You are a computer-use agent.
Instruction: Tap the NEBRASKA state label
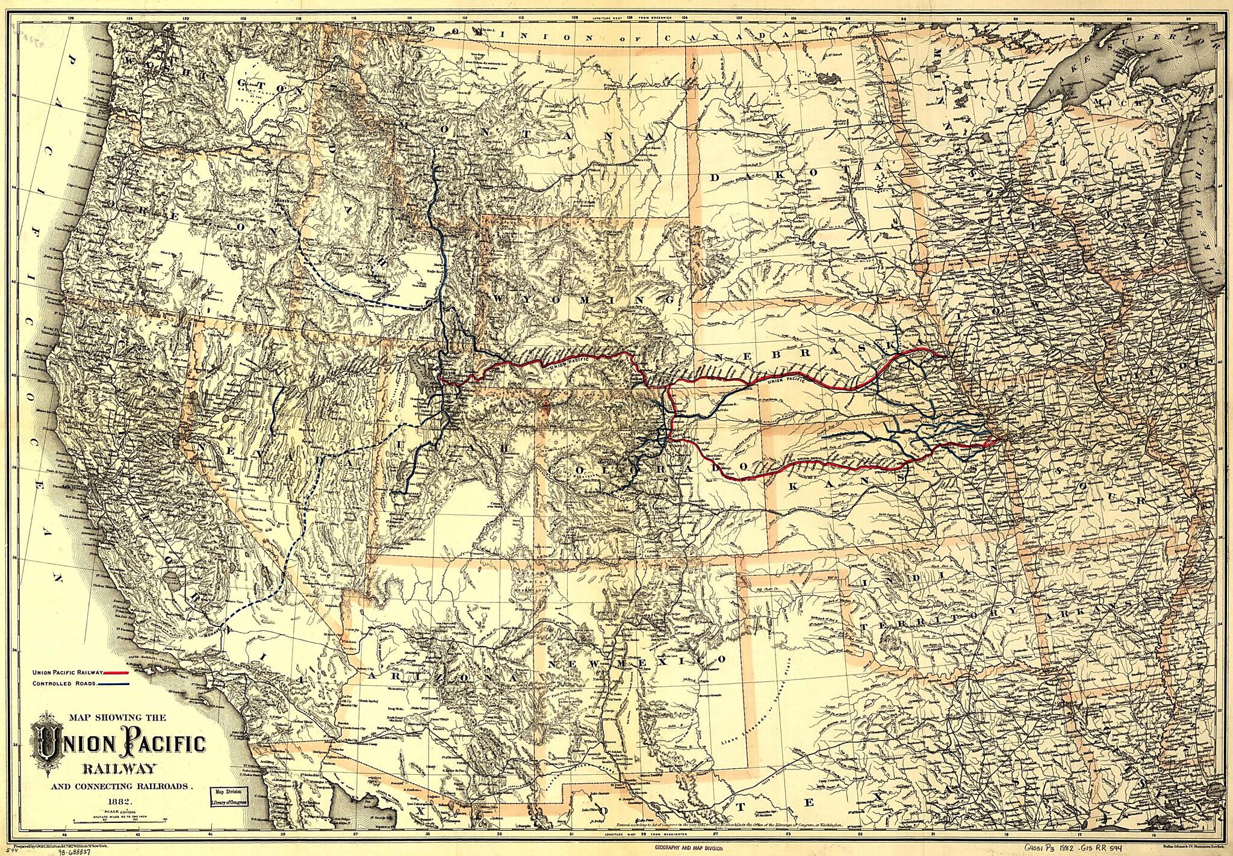click(x=801, y=355)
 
